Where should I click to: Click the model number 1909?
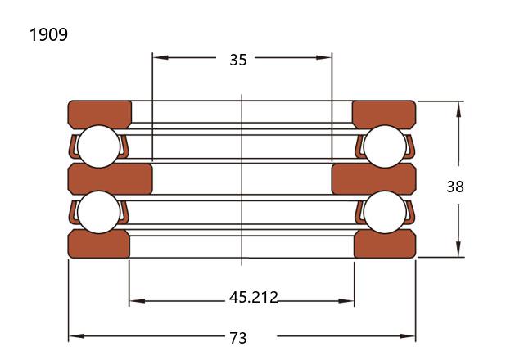coord(48,34)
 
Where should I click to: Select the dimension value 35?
coord(238,60)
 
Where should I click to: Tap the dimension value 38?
coord(455,187)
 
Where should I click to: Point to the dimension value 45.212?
coord(253,297)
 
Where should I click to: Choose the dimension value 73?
coord(238,338)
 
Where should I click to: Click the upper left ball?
coord(98,146)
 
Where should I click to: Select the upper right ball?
coord(385,146)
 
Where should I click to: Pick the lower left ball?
coord(98,212)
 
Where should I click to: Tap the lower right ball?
coord(385,212)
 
